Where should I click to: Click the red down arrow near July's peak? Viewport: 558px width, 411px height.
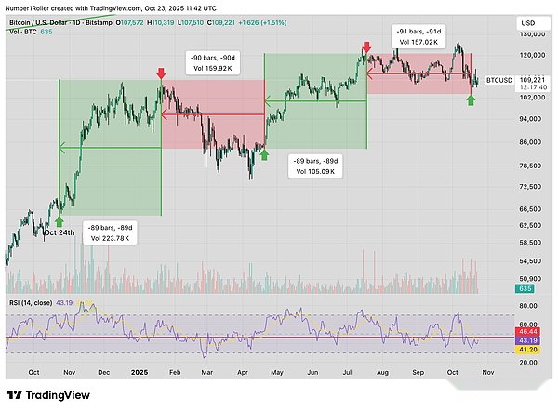click(x=365, y=46)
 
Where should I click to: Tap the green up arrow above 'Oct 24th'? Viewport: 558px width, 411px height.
click(x=59, y=221)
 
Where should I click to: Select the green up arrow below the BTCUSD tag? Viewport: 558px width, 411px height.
click(x=472, y=99)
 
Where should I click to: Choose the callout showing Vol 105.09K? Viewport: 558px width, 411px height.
click(x=314, y=166)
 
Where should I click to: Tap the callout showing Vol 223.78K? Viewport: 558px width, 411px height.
click(x=111, y=232)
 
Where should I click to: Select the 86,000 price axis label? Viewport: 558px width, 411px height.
click(x=530, y=142)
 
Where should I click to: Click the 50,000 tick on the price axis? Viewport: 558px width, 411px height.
click(x=530, y=278)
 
